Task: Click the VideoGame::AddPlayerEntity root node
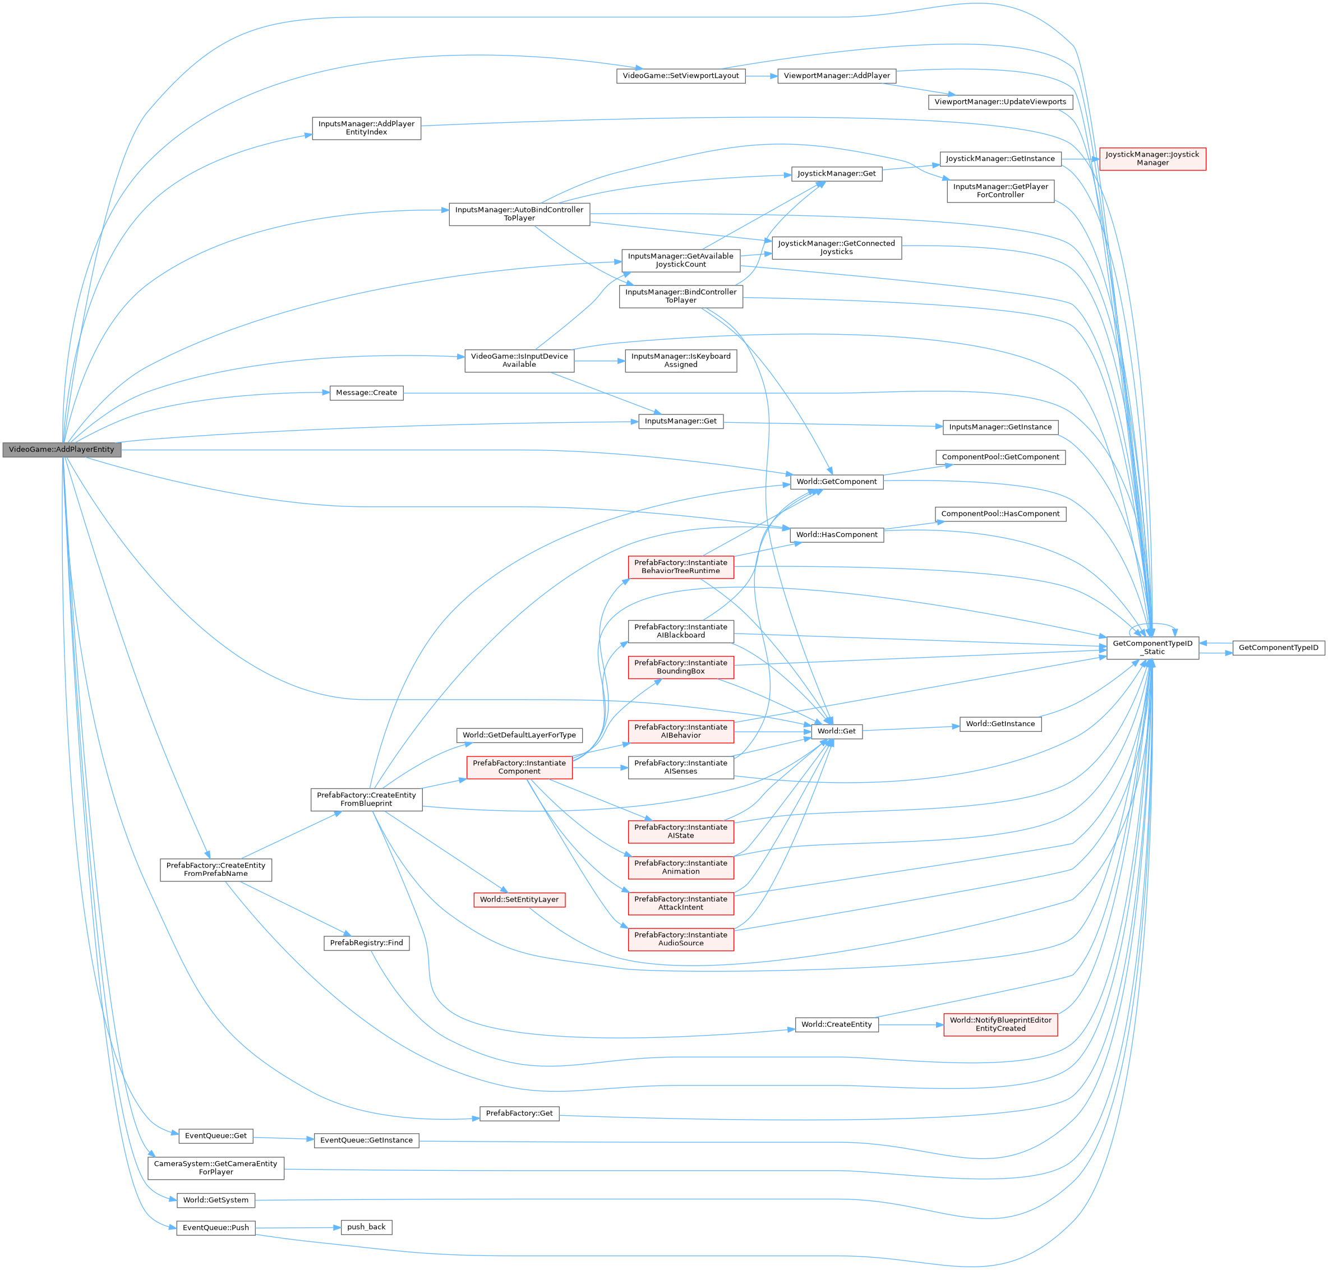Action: pos(62,450)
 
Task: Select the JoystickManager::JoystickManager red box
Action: pos(1152,159)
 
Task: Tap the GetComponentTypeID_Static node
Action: pos(1152,648)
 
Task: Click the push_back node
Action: pos(366,1227)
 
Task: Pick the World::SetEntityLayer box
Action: pos(519,900)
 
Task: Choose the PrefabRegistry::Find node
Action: pos(366,943)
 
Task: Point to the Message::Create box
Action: pos(366,392)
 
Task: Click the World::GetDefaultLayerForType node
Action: pos(519,735)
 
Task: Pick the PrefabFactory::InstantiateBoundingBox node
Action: pos(681,667)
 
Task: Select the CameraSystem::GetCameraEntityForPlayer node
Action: pos(215,1168)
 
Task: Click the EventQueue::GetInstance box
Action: pos(366,1140)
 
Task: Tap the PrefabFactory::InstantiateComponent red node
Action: pos(519,767)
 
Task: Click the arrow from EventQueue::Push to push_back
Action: pos(298,1227)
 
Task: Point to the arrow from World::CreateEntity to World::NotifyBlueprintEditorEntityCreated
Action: pos(911,1025)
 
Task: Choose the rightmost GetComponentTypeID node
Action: pos(1278,648)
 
